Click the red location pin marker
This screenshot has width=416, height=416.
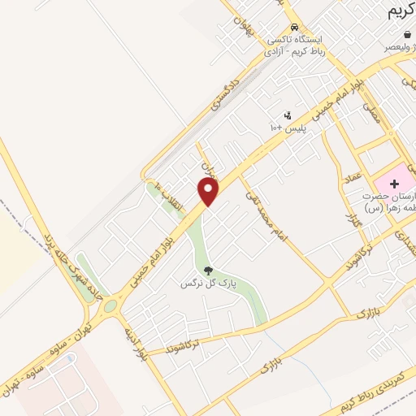[209, 192]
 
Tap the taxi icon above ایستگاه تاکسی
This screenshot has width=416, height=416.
[282, 26]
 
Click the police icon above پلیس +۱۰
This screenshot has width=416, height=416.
[287, 115]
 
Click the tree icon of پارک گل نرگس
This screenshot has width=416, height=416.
[207, 271]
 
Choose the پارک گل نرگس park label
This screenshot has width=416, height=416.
[202, 284]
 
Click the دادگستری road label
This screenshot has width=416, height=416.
[226, 93]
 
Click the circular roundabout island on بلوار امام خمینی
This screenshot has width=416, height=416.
[110, 305]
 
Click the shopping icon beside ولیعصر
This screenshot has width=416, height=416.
[406, 36]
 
